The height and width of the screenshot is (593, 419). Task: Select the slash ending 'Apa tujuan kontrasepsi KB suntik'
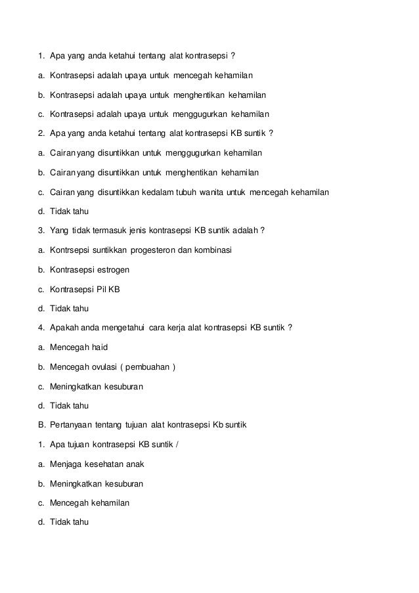coord(177,445)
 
